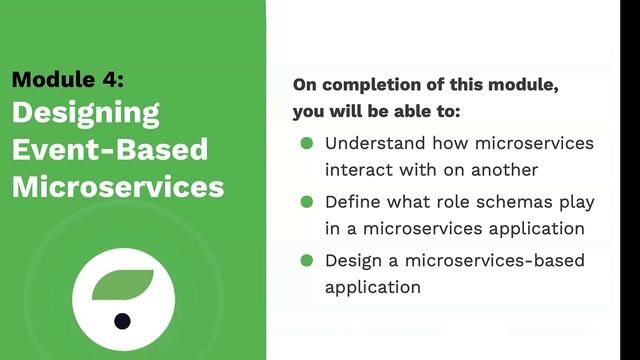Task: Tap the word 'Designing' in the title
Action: pos(86,113)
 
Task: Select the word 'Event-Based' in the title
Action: pos(110,150)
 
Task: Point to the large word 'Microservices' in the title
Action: pos(118,187)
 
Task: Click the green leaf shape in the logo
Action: pos(122,286)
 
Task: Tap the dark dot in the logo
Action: pos(122,321)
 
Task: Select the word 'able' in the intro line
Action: pos(425,111)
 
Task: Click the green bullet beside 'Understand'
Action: pos(307,143)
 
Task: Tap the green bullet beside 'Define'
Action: pos(307,202)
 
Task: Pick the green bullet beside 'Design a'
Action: pos(307,260)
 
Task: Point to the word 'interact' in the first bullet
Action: pos(357,169)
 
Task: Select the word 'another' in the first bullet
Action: pos(505,169)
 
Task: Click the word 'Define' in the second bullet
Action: pos(352,202)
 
